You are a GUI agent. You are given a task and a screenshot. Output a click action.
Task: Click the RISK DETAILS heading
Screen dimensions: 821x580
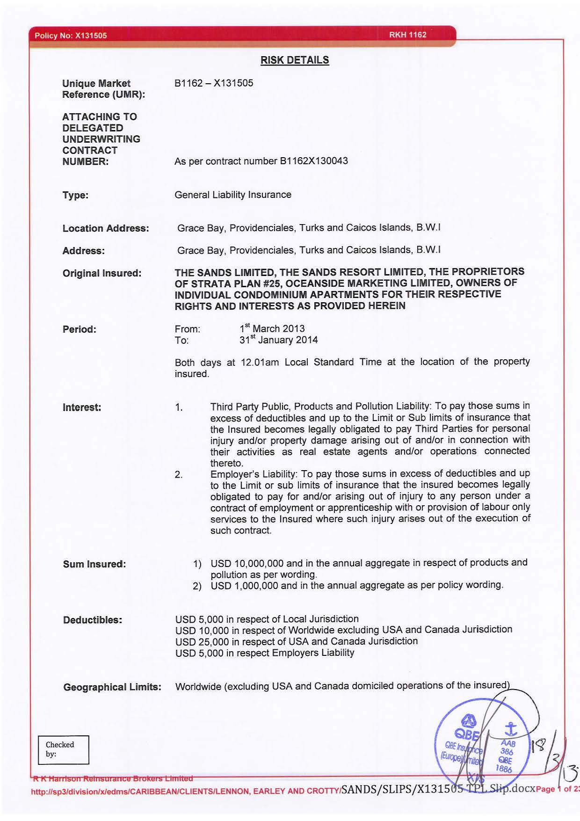[x=295, y=60]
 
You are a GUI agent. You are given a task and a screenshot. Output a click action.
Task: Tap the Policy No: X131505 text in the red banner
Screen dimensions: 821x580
[x=70, y=36]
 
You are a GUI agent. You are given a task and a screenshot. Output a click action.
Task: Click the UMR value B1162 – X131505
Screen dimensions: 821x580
[x=214, y=83]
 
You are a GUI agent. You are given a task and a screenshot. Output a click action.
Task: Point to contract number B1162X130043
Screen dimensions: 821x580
[x=313, y=161]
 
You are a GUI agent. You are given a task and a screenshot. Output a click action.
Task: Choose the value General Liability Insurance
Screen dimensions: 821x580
[x=232, y=195]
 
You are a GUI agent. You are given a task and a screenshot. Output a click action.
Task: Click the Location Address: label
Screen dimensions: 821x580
[x=106, y=228]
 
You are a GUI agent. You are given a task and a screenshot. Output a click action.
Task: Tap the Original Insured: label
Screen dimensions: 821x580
[x=102, y=273]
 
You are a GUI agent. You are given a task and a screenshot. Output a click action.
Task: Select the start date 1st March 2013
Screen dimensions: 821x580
[x=272, y=328]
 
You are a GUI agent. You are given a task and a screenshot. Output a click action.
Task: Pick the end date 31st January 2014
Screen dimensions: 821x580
[x=278, y=340]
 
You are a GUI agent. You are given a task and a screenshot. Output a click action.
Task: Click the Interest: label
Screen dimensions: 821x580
[x=82, y=407]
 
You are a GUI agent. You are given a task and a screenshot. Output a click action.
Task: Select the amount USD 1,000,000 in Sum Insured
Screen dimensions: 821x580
[x=244, y=585]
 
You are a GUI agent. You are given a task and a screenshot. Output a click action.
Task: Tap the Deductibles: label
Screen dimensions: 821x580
[x=93, y=620]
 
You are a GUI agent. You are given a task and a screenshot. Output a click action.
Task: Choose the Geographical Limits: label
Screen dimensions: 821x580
[x=112, y=687]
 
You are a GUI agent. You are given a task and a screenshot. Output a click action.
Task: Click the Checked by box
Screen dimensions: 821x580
[x=64, y=749]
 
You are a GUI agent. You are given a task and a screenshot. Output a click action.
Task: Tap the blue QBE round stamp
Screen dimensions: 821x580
[x=482, y=744]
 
